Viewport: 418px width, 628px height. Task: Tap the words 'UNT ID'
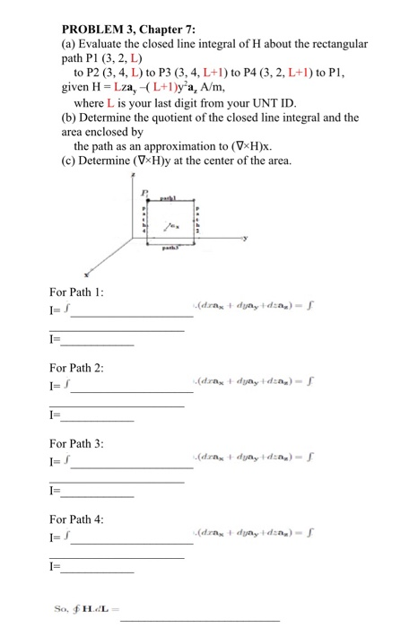click(256, 103)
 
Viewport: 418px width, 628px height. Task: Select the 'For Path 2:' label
click(75, 369)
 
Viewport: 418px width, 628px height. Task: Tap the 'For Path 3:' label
click(75, 443)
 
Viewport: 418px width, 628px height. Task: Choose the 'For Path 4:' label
click(75, 518)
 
